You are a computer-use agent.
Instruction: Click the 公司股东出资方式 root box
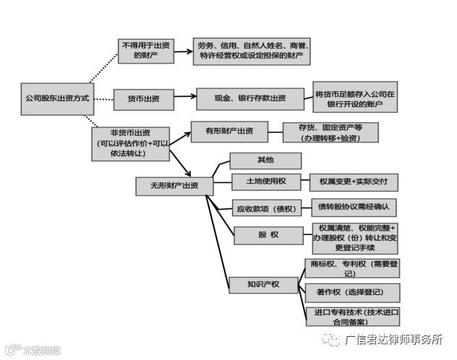point(57,97)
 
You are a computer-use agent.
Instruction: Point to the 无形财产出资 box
point(174,186)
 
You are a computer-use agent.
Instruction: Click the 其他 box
point(255,160)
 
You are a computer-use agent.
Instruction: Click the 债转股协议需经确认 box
point(354,207)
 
